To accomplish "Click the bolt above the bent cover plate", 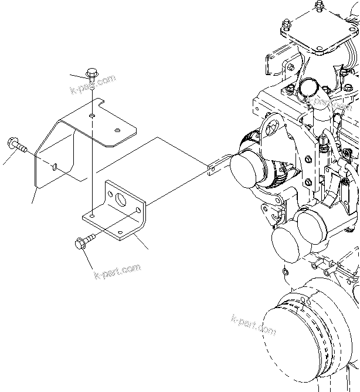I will coord(93,75).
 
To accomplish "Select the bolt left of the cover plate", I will coord(16,145).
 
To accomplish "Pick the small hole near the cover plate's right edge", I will coord(117,130).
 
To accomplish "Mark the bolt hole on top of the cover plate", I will coord(93,116).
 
